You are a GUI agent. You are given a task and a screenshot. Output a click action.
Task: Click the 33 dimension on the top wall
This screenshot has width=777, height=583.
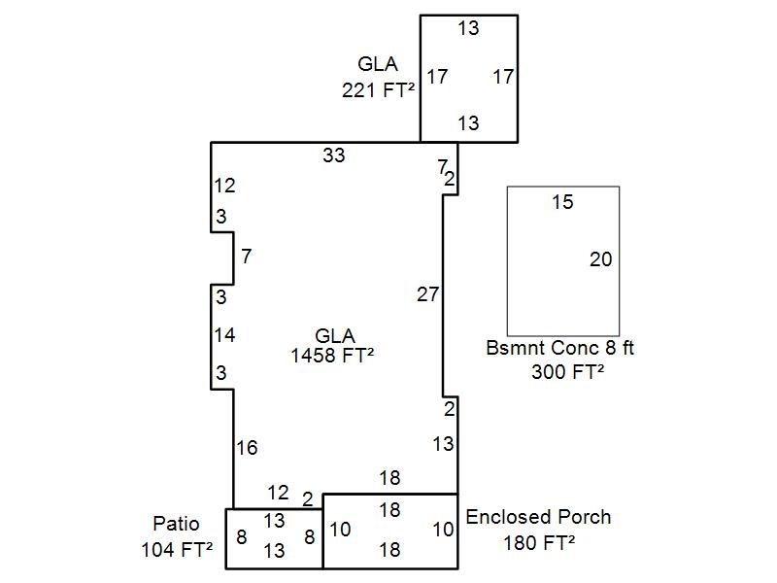[334, 154]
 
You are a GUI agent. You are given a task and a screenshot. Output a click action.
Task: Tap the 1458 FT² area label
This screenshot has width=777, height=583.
[333, 356]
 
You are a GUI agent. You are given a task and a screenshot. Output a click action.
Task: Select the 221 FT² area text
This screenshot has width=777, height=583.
[378, 90]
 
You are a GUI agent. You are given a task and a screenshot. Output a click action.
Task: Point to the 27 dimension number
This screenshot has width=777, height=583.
[427, 294]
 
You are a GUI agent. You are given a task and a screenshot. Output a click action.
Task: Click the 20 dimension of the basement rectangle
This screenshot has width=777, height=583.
[601, 259]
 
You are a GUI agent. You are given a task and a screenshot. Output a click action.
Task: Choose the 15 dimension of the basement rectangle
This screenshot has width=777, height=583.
[562, 202]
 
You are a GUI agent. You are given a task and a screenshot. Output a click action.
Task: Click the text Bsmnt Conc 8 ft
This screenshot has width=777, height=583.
[560, 348]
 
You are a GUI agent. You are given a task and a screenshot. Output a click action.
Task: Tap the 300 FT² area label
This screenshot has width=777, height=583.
[568, 371]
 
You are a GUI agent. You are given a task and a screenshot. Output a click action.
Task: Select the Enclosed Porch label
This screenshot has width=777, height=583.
[539, 517]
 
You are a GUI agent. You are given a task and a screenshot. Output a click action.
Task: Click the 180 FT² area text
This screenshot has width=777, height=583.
[539, 542]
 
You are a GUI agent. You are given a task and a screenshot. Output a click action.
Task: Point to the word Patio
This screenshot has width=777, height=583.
[176, 525]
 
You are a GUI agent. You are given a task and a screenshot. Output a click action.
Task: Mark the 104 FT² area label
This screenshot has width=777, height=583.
[177, 549]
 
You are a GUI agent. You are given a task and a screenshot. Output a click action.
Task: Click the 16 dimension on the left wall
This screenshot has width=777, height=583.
[247, 448]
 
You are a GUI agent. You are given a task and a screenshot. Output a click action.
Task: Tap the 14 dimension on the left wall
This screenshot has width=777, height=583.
[224, 335]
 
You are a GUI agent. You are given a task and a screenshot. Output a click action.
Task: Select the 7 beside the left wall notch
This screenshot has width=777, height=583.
[247, 257]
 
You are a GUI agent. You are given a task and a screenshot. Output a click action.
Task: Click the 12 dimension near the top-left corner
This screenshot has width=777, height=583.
[224, 186]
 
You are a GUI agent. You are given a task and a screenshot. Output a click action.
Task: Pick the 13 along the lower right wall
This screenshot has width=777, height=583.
[443, 444]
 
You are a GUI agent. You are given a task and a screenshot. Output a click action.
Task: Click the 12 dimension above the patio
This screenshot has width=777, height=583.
[278, 493]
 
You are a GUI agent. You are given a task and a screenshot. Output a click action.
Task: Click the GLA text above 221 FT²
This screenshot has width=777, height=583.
[378, 65]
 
